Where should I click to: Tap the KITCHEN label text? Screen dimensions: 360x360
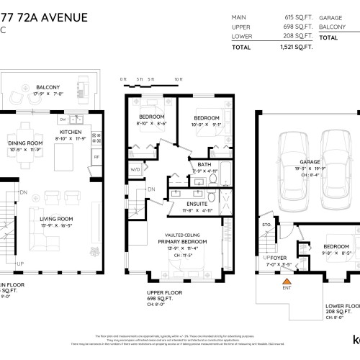(x=70, y=132)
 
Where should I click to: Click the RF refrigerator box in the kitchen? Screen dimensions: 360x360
(x=96, y=156)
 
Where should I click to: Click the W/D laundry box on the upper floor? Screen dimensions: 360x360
(x=135, y=170)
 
